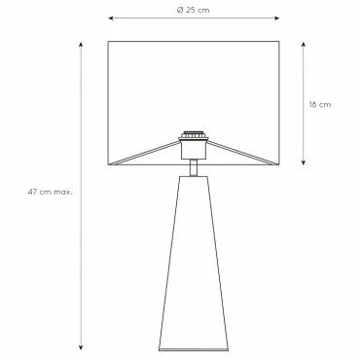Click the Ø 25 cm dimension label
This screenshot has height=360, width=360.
[x=194, y=10]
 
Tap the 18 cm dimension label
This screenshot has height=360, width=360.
[x=320, y=104]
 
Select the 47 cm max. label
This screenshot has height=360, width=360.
[x=51, y=192]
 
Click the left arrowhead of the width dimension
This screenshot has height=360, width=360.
[x=111, y=18]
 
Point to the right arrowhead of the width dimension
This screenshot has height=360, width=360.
[x=276, y=18]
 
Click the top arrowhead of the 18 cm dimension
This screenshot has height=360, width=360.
[x=304, y=44]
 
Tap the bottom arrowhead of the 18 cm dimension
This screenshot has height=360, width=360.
[x=304, y=162]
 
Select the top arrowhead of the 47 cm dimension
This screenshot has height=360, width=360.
[x=81, y=45]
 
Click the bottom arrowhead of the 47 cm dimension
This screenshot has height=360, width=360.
[x=81, y=347]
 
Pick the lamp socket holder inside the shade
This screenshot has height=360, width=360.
[x=194, y=149]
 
